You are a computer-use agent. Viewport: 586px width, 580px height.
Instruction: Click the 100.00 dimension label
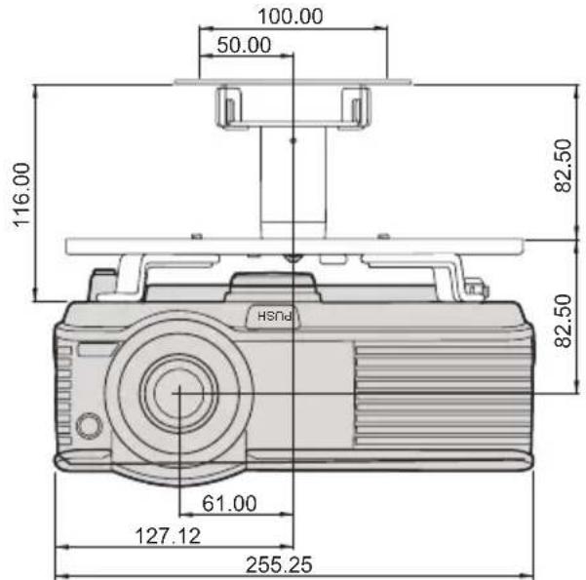[291, 17]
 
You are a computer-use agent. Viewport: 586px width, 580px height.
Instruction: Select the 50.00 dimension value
[244, 45]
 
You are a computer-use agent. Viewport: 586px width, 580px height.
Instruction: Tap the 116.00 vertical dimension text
[22, 195]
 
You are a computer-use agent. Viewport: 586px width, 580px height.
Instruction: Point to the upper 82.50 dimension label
[564, 166]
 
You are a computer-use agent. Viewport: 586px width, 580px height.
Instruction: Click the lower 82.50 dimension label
[564, 321]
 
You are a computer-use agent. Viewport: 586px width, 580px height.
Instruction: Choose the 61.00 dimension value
[229, 503]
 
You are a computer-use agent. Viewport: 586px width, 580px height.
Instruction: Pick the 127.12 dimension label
[168, 536]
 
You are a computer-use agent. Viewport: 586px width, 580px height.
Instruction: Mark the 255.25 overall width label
[279, 564]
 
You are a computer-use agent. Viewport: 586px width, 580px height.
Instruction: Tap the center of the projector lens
[179, 393]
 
